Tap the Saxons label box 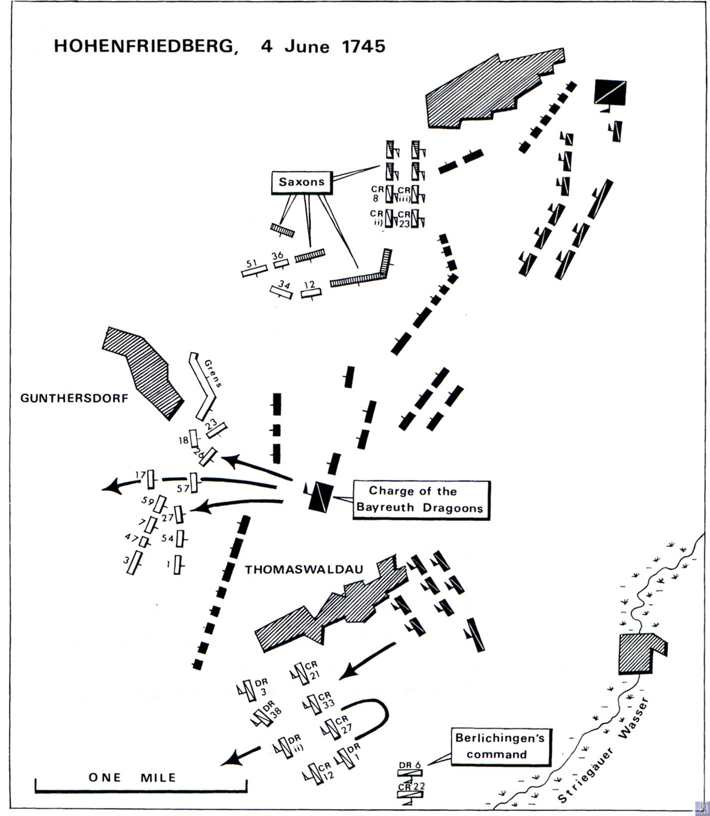click(302, 182)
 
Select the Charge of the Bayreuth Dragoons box click(421, 500)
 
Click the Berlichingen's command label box click(501, 746)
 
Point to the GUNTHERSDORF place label click(74, 398)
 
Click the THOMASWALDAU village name click(304, 569)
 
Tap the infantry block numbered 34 click(281, 291)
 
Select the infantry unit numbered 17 click(151, 480)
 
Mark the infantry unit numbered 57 click(194, 483)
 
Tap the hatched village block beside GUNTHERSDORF click(143, 372)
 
